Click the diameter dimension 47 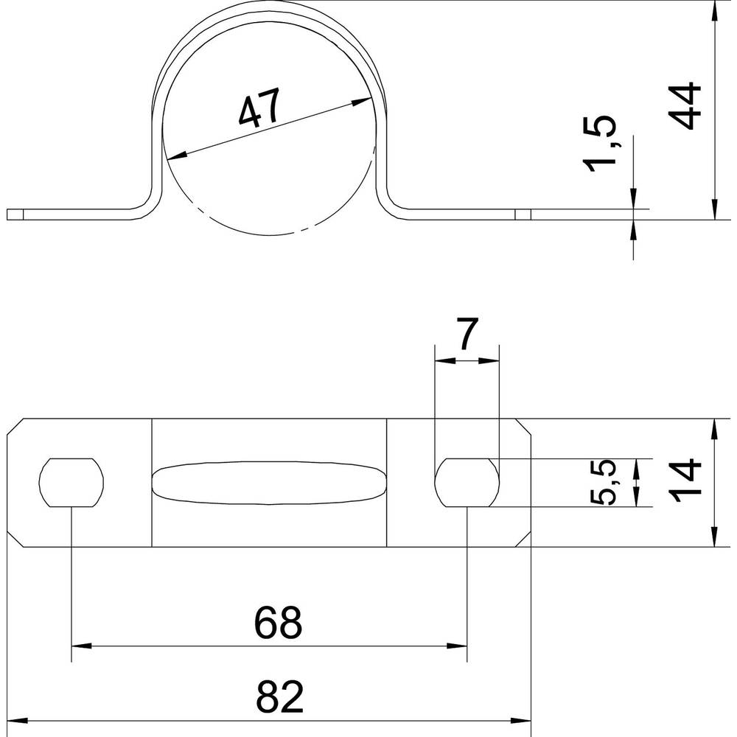259,108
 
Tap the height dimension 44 685,106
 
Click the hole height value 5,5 602,482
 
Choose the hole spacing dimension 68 278,622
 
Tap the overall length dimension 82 279,696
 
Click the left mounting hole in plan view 71,482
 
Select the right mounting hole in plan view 467,482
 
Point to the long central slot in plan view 269,483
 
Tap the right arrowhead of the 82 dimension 521,720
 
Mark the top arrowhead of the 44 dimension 714,10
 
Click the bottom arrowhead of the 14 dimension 714,537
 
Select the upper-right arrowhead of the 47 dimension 362,101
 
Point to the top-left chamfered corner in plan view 15,426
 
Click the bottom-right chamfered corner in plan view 523,539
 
